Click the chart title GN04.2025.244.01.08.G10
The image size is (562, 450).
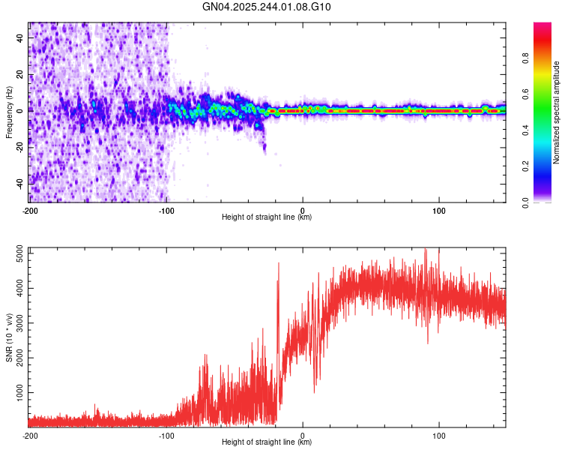[x=268, y=7]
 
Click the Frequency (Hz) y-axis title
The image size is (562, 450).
[x=9, y=112]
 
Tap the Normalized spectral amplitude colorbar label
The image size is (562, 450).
[x=557, y=112]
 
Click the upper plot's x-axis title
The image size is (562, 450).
[x=267, y=217]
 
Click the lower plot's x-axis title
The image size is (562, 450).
[x=267, y=442]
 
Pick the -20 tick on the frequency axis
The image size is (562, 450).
[x=19, y=146]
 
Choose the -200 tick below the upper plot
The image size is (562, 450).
[x=30, y=210]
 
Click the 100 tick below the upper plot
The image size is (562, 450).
[x=438, y=210]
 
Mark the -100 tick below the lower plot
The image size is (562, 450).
[x=166, y=435]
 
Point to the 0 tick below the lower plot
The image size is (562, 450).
[x=303, y=435]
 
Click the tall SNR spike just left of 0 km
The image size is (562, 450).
[x=279, y=264]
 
